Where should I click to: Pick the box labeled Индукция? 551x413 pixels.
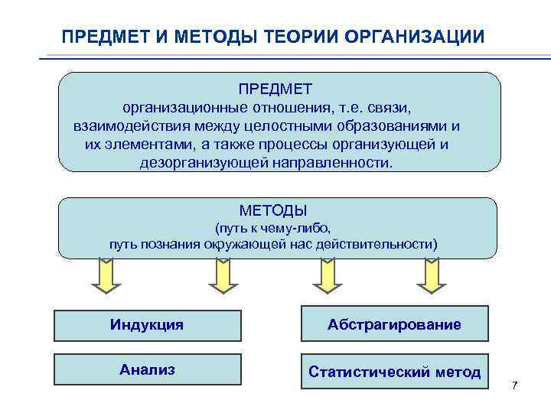[x=147, y=324]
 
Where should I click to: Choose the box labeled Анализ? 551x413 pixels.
[x=147, y=370]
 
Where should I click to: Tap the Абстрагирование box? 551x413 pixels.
[x=394, y=324]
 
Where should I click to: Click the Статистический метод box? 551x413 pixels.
[x=394, y=372]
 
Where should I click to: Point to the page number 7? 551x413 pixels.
[x=515, y=385]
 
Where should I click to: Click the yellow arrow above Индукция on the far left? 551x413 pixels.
[x=106, y=276]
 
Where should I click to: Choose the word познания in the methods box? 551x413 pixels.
[x=171, y=244]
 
